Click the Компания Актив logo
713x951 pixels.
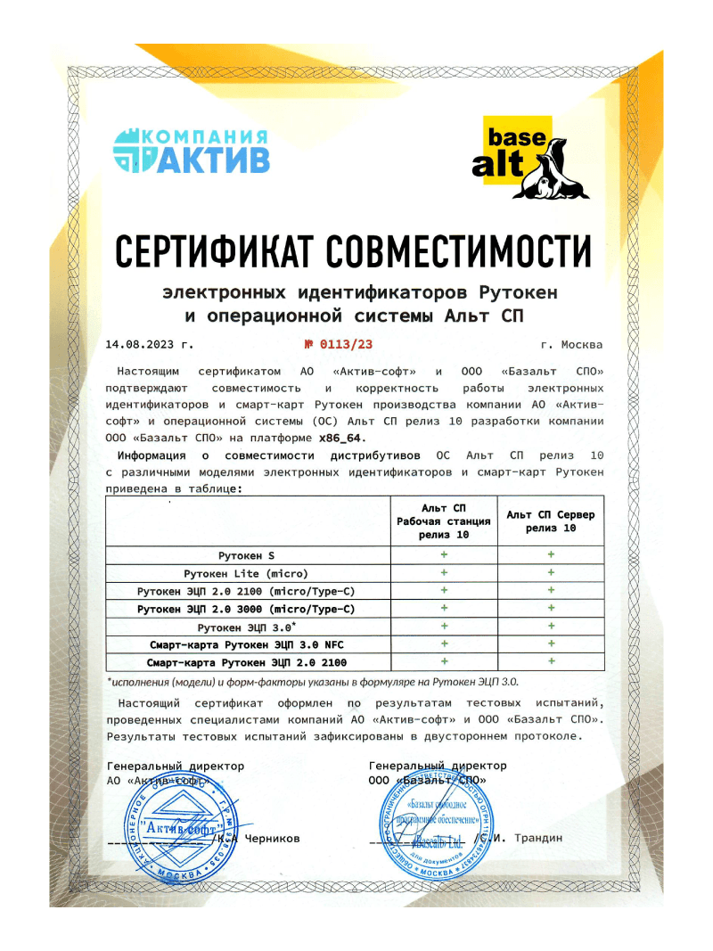click(191, 150)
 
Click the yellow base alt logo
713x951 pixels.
click(532, 156)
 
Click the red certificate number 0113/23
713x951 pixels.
click(344, 344)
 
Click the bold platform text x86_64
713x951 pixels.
click(342, 438)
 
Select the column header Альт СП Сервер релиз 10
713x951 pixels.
click(550, 521)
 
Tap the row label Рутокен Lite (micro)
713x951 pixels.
click(246, 573)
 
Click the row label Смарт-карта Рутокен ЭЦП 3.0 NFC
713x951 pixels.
click(246, 644)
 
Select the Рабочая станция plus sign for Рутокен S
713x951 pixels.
click(443, 555)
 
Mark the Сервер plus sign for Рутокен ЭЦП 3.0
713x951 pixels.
click(551, 627)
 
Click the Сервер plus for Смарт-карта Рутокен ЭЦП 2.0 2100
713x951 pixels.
click(551, 661)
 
